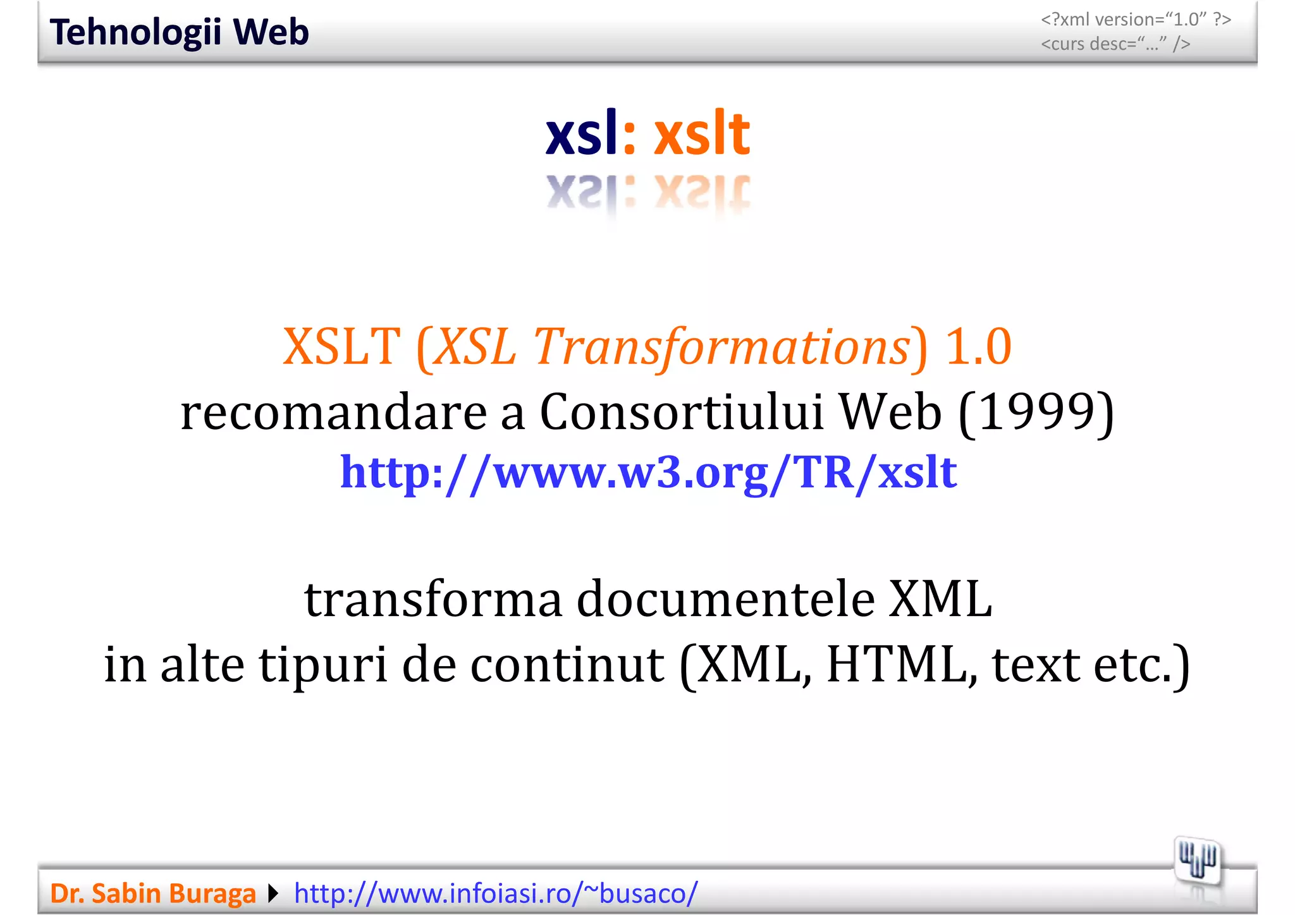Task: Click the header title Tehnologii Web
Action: coord(179,32)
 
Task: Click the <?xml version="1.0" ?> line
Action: coord(1136,20)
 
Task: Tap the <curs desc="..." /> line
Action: coord(1115,44)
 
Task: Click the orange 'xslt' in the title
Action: coord(701,134)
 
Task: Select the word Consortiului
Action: coord(682,412)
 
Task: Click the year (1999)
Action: coord(1036,412)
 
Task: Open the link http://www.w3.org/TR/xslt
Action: coord(648,472)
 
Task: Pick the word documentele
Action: coord(725,599)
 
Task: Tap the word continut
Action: coord(567,665)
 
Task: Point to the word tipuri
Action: coord(323,665)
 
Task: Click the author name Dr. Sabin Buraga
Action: coord(152,894)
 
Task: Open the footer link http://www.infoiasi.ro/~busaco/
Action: coord(496,894)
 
